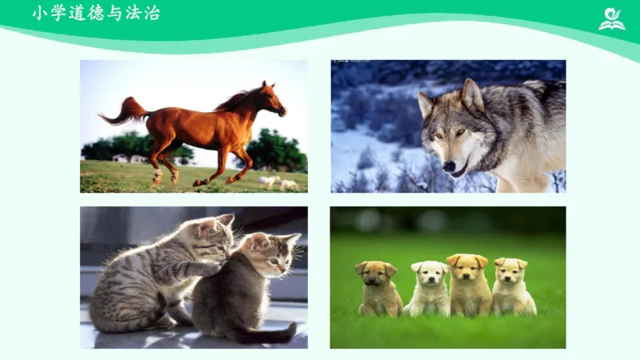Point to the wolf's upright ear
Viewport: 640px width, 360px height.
tap(471, 94)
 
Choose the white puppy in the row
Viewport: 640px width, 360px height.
tap(430, 288)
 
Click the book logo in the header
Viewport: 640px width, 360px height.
tap(612, 18)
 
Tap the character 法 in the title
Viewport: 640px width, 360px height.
tap(131, 13)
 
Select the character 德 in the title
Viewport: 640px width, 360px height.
tap(94, 13)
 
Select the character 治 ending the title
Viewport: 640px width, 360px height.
tap(150, 13)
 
